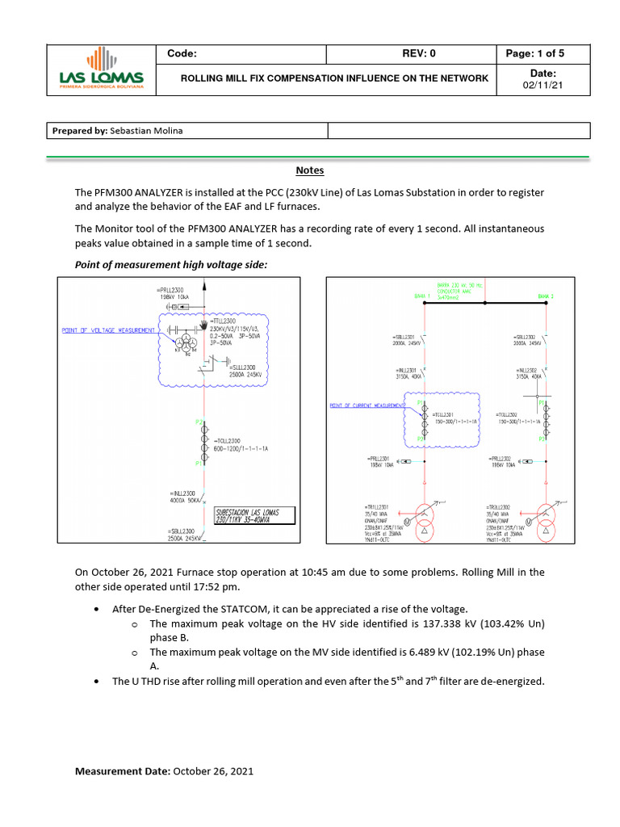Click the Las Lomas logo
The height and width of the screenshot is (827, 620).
pyautogui.click(x=102, y=69)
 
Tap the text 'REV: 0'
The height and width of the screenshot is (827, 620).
pyautogui.click(x=418, y=54)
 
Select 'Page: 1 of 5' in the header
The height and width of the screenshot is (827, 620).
pyautogui.click(x=534, y=54)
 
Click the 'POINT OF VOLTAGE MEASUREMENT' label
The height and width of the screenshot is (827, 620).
pyautogui.click(x=108, y=330)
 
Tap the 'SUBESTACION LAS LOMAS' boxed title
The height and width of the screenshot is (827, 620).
pyautogui.click(x=253, y=517)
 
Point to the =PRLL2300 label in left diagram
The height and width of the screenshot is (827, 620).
pyautogui.click(x=172, y=290)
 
